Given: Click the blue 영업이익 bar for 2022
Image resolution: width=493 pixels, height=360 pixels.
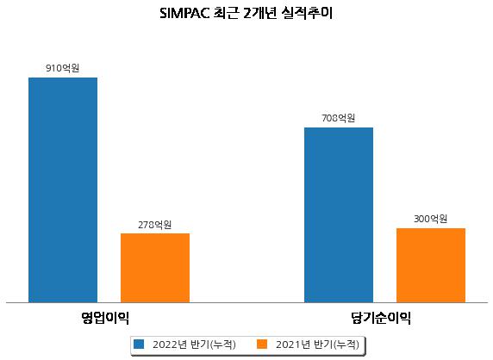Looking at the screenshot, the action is pyautogui.click(x=63, y=190).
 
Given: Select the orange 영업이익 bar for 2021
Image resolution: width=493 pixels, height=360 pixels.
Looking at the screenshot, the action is pyautogui.click(x=155, y=268).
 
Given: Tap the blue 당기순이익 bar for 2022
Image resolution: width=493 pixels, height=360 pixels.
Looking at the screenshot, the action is pyautogui.click(x=339, y=214).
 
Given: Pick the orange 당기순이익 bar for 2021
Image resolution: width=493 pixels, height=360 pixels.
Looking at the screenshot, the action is pyautogui.click(x=431, y=265).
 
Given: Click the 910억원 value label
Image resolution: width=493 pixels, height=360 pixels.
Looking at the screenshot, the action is pyautogui.click(x=63, y=68).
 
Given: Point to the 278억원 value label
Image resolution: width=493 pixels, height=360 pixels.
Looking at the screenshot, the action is pyautogui.click(x=155, y=225).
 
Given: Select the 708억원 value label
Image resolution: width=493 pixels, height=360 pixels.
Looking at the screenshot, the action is pyautogui.click(x=339, y=118).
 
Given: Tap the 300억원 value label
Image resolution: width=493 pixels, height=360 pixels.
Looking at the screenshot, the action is pyautogui.click(x=430, y=219).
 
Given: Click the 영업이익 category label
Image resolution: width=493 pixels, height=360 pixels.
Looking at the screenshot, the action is pyautogui.click(x=105, y=318).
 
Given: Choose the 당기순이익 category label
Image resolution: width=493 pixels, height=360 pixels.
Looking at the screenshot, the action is pyautogui.click(x=381, y=318).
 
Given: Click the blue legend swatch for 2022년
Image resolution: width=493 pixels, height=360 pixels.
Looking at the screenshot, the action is pyautogui.click(x=139, y=344).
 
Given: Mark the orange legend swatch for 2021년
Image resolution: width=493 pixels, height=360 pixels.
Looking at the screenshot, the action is pyautogui.click(x=262, y=344).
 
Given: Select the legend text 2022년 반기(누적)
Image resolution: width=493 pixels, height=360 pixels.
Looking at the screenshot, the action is pyautogui.click(x=194, y=344).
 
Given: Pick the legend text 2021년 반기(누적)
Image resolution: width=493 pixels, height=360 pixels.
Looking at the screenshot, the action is pyautogui.click(x=317, y=344).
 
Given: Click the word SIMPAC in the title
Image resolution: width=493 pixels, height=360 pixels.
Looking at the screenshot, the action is pyautogui.click(x=184, y=14).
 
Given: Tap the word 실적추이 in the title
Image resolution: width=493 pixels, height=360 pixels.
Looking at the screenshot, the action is pyautogui.click(x=307, y=14).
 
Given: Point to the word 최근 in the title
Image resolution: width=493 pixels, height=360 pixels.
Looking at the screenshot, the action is pyautogui.click(x=226, y=14).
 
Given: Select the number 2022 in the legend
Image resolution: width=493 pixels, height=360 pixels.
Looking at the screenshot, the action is pyautogui.click(x=165, y=344).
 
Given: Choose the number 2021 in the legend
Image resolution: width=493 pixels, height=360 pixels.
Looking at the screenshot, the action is pyautogui.click(x=289, y=344).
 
